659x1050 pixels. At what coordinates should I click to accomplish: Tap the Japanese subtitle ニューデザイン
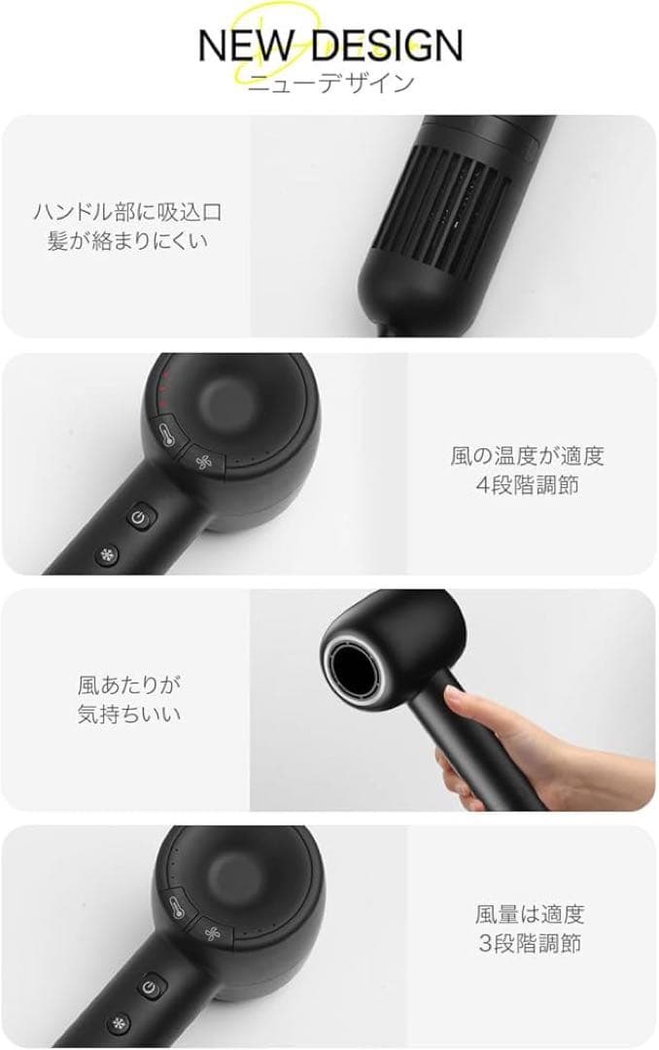click(x=329, y=83)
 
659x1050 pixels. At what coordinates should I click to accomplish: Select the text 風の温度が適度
click(x=527, y=455)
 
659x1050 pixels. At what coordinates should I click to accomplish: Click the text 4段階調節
click(x=527, y=484)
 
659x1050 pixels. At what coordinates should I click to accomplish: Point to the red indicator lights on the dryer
click(x=166, y=387)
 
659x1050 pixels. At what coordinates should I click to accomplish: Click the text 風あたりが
click(x=129, y=684)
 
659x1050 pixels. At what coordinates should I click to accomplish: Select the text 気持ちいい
click(x=129, y=714)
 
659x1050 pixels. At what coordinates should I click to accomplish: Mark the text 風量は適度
click(x=530, y=914)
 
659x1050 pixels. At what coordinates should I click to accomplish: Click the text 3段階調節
click(x=530, y=943)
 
